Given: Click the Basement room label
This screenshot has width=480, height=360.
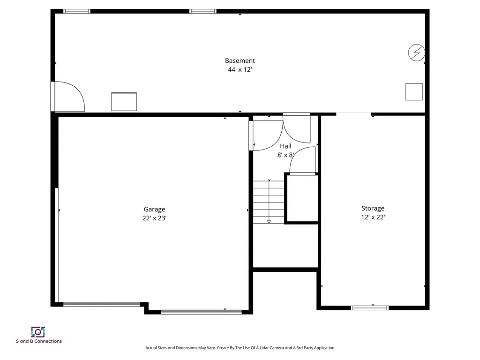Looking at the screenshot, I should [x=240, y=60].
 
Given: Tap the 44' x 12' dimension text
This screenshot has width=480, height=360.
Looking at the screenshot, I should [x=240, y=70].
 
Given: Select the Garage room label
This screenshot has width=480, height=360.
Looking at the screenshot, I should [x=154, y=210].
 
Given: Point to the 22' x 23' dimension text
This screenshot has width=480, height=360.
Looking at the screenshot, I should [x=154, y=218].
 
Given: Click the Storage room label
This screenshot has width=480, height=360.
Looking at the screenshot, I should [x=373, y=208].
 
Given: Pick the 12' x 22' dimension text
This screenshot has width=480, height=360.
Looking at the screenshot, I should [x=373, y=217].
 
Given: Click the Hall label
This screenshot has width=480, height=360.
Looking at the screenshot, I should [x=285, y=146].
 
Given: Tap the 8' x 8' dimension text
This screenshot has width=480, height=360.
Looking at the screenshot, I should [x=285, y=155].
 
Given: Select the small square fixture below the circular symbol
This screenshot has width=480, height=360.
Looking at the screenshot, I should [x=414, y=91].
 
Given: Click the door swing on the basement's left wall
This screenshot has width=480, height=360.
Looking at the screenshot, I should [x=68, y=97].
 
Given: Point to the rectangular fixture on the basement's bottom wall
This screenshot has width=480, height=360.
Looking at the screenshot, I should [x=124, y=102].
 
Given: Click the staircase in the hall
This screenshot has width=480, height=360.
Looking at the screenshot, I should [x=269, y=202].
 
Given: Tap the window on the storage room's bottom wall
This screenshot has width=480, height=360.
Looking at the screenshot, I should [x=370, y=308].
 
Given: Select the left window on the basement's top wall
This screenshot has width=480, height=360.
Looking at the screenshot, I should [x=77, y=11].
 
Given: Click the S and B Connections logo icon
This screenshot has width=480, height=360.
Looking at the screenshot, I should [x=38, y=332].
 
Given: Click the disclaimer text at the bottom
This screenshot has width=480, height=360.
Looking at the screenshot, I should [x=240, y=348].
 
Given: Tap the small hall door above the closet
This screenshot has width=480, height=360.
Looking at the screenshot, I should [x=302, y=160].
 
